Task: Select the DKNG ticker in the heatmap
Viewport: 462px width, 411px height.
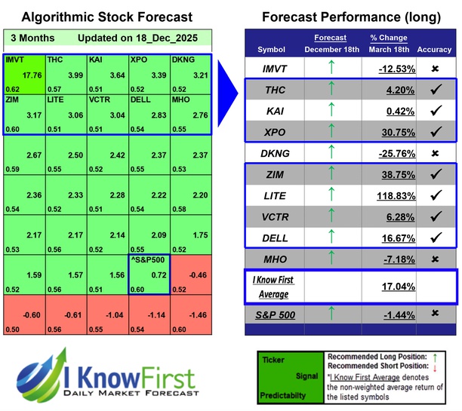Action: click(183, 59)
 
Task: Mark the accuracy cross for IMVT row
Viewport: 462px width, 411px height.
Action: click(436, 69)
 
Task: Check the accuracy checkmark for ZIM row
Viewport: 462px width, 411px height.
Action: click(436, 174)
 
